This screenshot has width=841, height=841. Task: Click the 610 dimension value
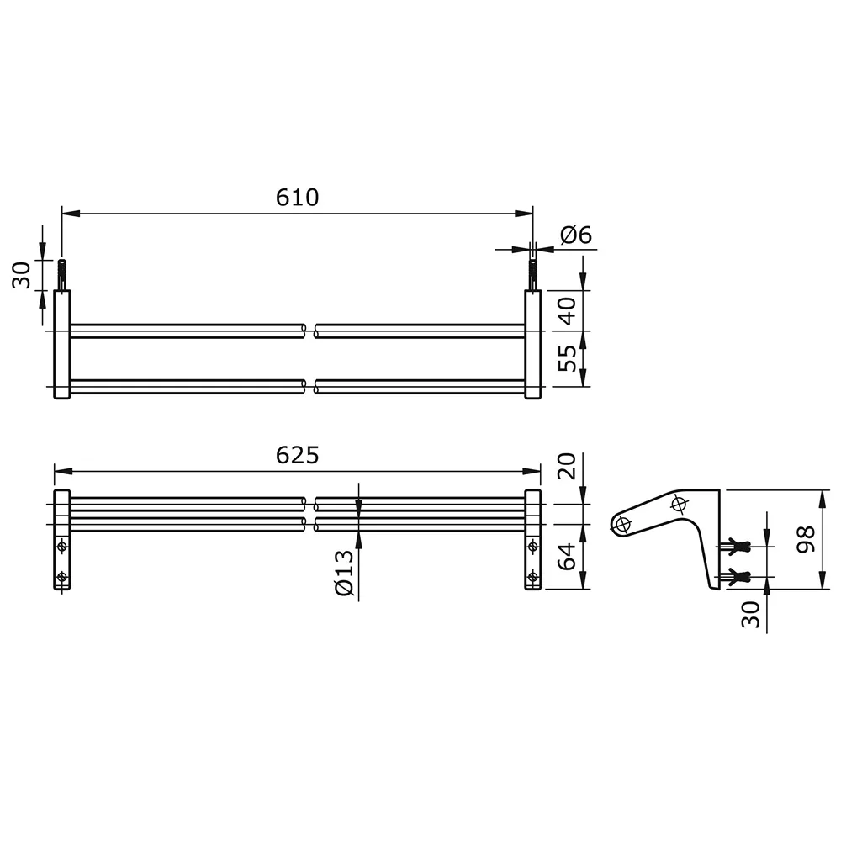[297, 198]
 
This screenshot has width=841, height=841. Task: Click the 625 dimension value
[297, 455]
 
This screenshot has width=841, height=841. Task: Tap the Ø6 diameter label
[576, 235]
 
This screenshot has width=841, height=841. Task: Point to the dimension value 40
[569, 311]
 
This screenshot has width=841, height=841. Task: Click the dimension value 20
[569, 466]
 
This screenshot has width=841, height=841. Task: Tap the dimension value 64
[569, 557]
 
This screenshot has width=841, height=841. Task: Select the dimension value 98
[805, 539]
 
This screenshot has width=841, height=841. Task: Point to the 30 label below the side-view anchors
[751, 614]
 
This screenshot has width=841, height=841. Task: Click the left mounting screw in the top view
[61, 275]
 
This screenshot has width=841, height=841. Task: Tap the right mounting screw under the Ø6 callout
[532, 274]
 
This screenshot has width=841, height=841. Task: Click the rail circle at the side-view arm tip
[622, 525]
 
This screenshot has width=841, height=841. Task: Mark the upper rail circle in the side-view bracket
[680, 504]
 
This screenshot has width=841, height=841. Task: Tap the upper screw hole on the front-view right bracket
[532, 547]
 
